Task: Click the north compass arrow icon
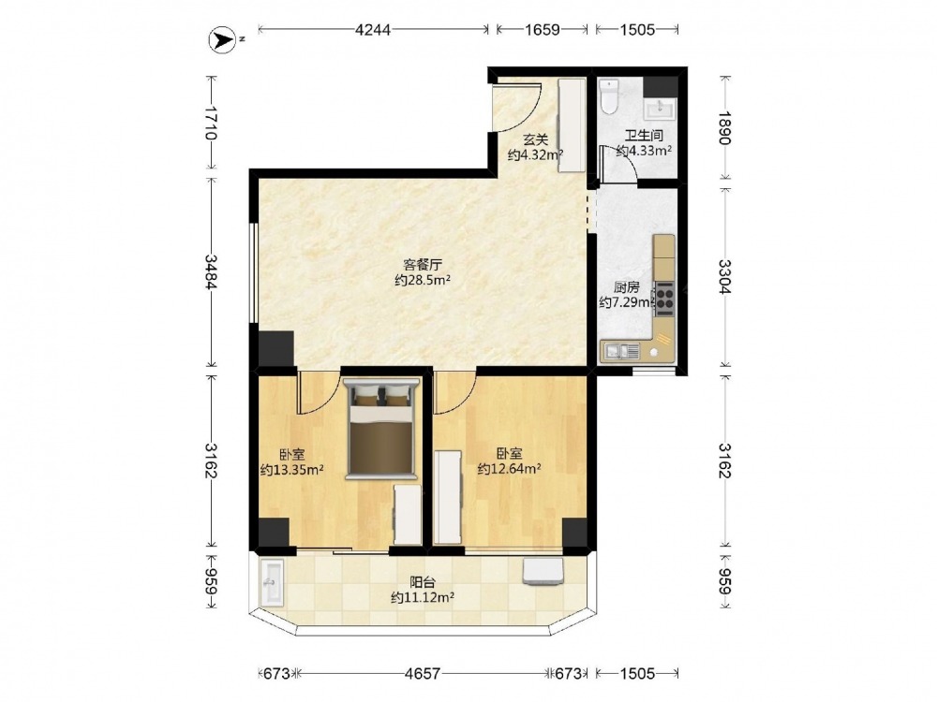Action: tap(222, 40)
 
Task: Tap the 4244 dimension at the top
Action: tap(372, 29)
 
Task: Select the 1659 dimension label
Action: tap(542, 29)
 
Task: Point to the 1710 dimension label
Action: tap(210, 123)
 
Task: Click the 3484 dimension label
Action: tap(210, 271)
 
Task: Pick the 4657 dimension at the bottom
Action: tap(423, 674)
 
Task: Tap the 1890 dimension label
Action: tap(724, 127)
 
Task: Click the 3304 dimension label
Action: tap(724, 276)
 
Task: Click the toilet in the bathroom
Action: tap(609, 96)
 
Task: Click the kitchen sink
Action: tap(621, 351)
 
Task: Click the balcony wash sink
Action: tap(273, 583)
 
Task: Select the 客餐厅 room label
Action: tap(422, 264)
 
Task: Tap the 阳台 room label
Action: tap(422, 581)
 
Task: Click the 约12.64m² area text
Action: tap(509, 469)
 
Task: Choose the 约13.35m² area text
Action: tap(292, 470)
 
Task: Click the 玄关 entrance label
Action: tap(535, 139)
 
